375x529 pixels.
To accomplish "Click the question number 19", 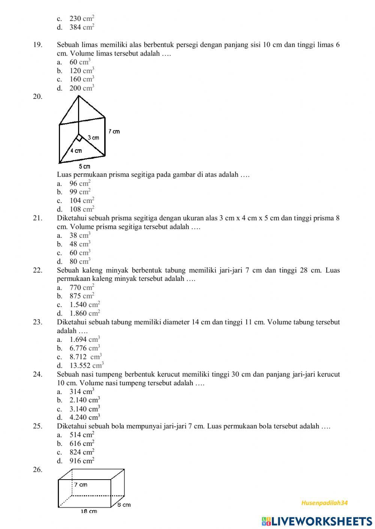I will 37,45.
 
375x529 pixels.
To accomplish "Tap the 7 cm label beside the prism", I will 114,131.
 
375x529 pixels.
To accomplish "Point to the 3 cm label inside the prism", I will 93,138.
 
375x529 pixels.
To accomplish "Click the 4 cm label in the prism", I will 76,151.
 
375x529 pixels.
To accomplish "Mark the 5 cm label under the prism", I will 84,166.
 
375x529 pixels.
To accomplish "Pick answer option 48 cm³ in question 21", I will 80,244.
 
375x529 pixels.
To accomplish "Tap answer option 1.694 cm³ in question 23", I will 85,340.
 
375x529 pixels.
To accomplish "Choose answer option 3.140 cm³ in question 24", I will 85,409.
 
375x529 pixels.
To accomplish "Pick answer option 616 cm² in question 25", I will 82,444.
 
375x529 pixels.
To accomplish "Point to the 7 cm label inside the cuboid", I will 80,484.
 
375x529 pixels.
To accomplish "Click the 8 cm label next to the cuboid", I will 124,505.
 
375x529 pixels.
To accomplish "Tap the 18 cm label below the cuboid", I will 88,511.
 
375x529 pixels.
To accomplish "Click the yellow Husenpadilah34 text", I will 324,503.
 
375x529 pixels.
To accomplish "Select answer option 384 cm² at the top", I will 82,27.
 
